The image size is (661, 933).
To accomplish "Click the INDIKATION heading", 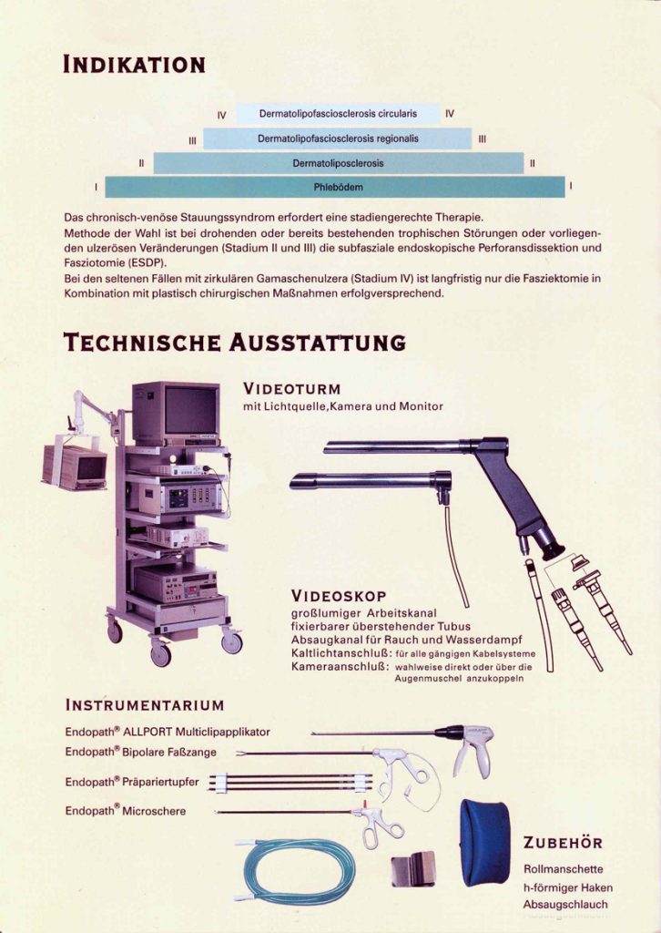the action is [x=134, y=65].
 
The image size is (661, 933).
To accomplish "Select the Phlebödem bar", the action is [x=335, y=187].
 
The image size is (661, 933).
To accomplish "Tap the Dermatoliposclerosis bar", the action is [x=338, y=163].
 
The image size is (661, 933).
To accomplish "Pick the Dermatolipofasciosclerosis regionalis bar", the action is [x=338, y=138].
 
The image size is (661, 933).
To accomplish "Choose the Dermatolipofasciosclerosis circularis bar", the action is [x=338, y=114].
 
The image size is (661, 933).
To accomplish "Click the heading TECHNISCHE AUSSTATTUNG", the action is [x=234, y=343].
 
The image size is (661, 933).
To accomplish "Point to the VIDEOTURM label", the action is [x=292, y=389].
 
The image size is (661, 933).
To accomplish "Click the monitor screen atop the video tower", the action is [x=191, y=411].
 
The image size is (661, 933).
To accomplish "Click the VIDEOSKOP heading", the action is [x=339, y=596].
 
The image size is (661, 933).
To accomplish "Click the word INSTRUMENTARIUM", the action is [x=145, y=706].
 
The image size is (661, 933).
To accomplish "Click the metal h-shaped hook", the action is [x=412, y=868].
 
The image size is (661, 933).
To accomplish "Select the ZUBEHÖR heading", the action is [x=563, y=843].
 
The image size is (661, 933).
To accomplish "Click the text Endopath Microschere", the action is [x=126, y=810].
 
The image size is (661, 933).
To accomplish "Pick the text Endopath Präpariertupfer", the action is [x=132, y=782].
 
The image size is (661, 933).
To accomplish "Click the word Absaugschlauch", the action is [x=565, y=905].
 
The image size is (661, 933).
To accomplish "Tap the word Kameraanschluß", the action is [x=340, y=666].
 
